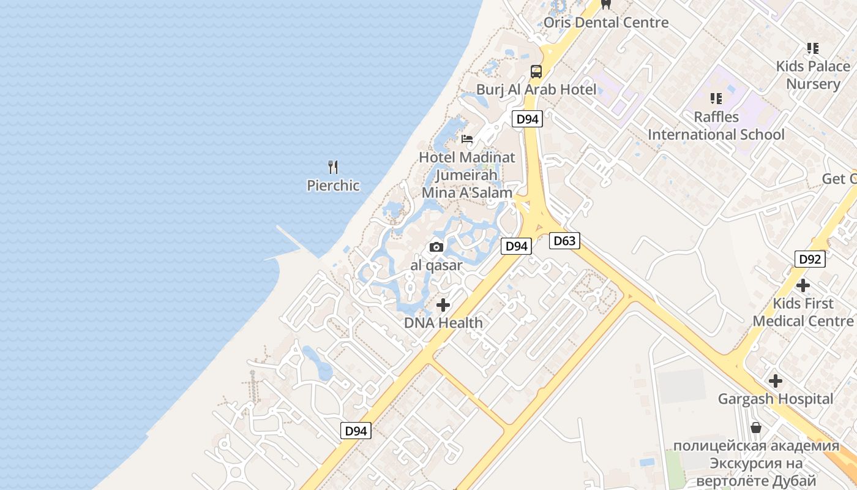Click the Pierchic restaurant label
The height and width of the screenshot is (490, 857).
tap(333, 185)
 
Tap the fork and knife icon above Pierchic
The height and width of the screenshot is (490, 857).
tap(333, 167)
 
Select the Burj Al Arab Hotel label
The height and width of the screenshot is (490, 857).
tap(536, 89)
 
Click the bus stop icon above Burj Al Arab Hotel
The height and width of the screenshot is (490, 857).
tap(536, 71)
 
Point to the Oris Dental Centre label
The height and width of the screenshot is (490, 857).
tap(606, 23)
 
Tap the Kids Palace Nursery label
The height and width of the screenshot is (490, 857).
tap(813, 75)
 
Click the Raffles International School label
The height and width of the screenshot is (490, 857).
tap(716, 126)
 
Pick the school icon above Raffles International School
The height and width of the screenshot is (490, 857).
tap(716, 98)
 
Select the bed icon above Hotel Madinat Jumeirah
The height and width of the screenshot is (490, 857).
tap(467, 139)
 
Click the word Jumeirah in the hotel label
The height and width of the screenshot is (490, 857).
tap(466, 175)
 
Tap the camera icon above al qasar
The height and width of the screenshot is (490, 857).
tap(436, 247)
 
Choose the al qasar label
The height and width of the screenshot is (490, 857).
tap(436, 266)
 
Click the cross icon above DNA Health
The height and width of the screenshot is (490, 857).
tap(443, 304)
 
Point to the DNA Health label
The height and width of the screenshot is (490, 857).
tap(443, 323)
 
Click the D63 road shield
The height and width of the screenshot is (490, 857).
tap(564, 241)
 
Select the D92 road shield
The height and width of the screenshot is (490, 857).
tap(810, 259)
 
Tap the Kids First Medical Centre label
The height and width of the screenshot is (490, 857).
tap(803, 312)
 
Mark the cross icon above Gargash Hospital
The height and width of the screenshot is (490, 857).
tap(776, 381)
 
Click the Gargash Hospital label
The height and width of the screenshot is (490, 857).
tap(776, 399)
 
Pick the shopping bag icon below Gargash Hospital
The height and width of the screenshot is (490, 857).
tap(756, 428)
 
